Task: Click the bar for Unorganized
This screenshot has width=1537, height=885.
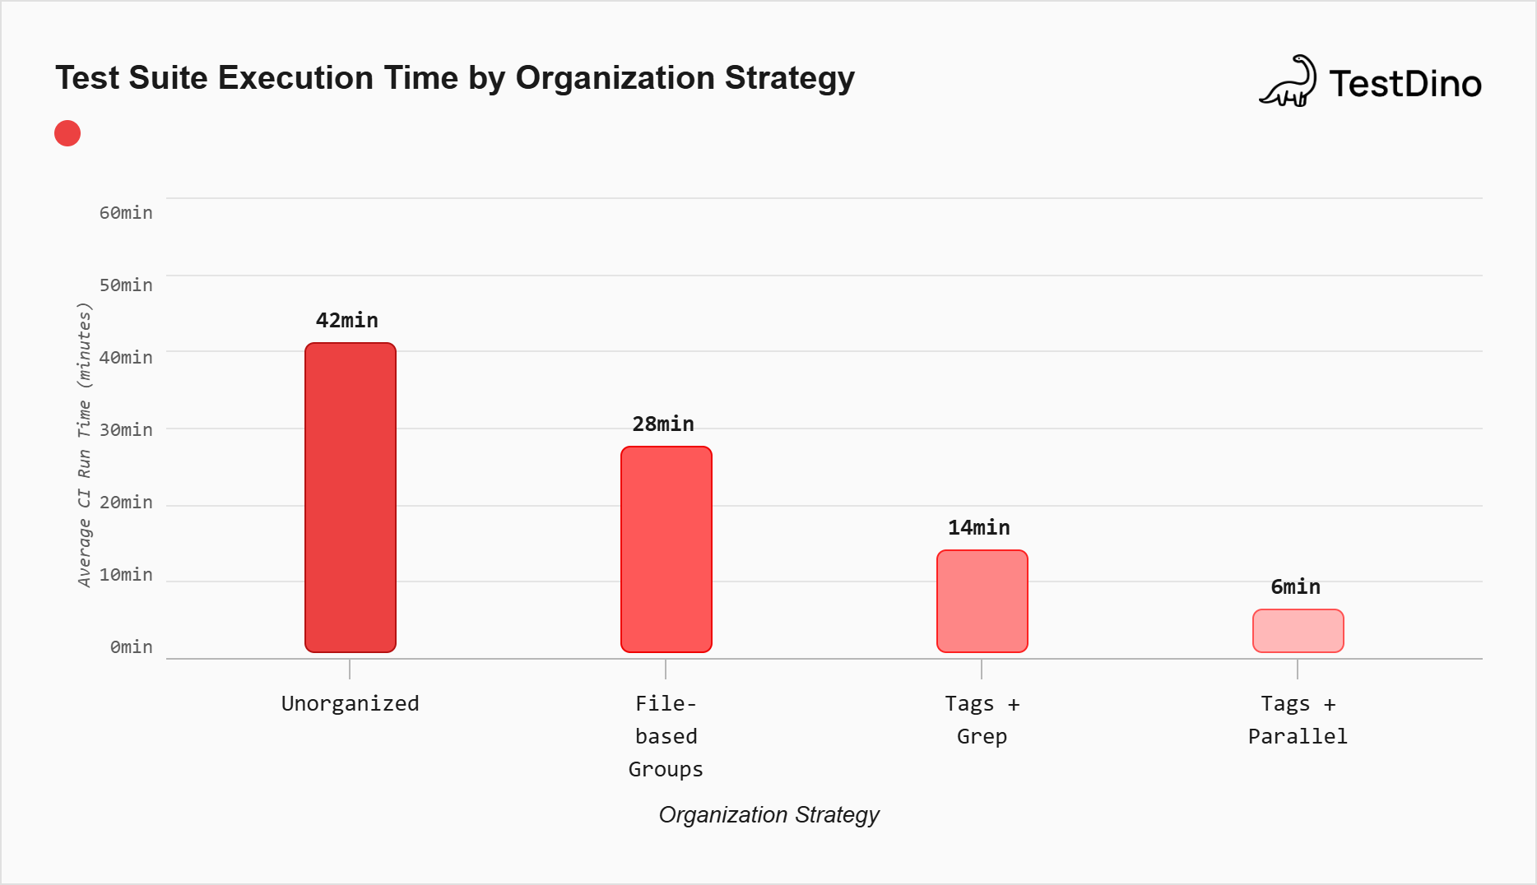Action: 351,498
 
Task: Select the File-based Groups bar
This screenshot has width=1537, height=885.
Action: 666,549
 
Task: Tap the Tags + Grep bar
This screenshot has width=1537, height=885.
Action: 982,601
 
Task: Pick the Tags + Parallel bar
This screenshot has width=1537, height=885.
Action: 1298,631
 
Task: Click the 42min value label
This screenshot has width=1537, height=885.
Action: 347,320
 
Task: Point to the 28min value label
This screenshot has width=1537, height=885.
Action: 663,424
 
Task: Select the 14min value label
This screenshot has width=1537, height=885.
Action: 979,527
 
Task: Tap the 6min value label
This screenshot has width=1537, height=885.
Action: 1295,586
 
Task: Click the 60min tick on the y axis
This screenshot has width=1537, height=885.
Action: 126,212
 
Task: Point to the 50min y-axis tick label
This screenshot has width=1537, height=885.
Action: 126,285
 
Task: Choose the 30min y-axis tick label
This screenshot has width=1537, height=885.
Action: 126,429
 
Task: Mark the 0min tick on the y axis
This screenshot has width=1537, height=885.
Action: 132,646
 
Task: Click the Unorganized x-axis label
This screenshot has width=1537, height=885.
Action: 351,703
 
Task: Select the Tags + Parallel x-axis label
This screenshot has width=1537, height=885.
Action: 1298,720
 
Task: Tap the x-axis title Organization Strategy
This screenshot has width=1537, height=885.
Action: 768,814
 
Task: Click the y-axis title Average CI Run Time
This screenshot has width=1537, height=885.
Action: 84,445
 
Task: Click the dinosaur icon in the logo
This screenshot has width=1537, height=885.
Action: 1289,82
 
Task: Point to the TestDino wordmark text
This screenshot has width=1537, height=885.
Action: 1405,84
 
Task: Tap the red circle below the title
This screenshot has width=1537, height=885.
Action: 67,133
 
